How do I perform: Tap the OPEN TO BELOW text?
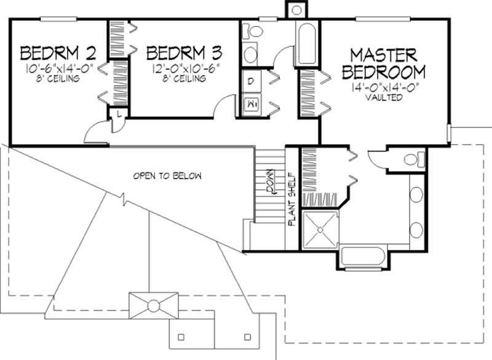(167, 176)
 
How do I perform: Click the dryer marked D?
(251, 81)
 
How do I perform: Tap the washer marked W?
(252, 104)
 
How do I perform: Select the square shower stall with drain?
(319, 229)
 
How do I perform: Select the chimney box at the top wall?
(296, 10)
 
